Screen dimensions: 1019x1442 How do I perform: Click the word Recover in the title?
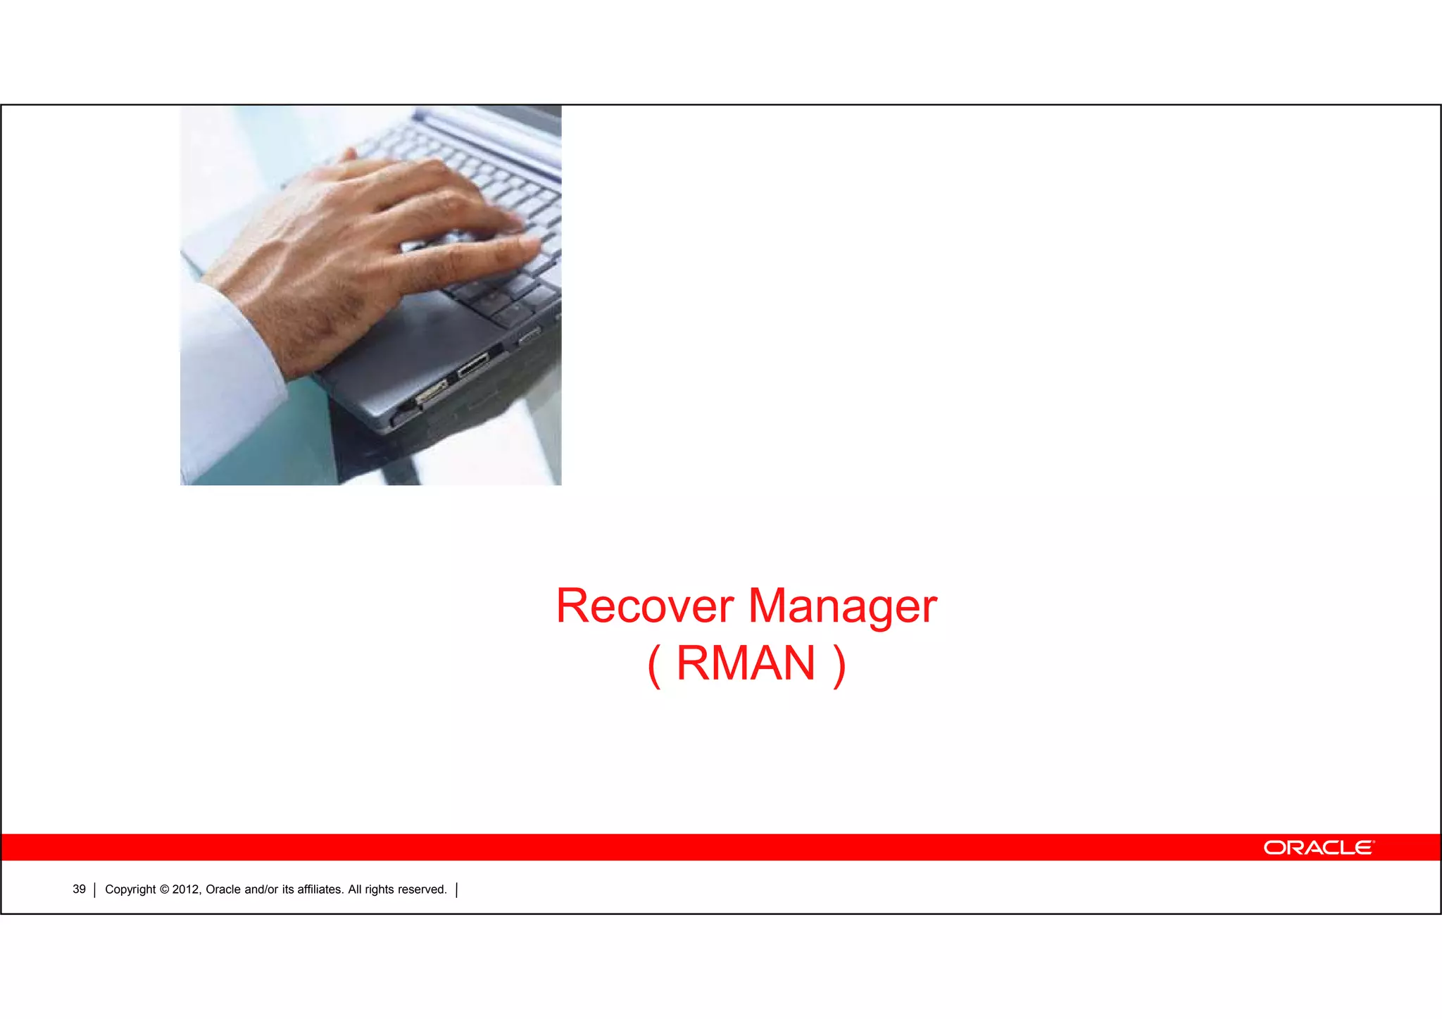click(644, 606)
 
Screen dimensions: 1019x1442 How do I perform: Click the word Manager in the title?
click(842, 607)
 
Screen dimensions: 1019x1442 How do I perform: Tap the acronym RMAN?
click(746, 663)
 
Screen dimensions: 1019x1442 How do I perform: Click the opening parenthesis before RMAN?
click(654, 665)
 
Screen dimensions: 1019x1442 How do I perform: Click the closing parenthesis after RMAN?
click(838, 665)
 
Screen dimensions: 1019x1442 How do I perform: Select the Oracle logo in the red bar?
click(1318, 847)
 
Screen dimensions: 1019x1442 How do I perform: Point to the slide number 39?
click(79, 889)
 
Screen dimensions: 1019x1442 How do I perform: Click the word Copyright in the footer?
click(130, 889)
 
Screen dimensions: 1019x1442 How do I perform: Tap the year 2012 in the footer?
click(187, 889)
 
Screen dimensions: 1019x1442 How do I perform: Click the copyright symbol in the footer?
click(164, 889)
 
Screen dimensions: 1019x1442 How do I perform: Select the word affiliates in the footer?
click(320, 889)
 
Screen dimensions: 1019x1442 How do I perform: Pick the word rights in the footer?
click(379, 889)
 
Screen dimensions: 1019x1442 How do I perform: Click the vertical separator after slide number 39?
click(94, 890)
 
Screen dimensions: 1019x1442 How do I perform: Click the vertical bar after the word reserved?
click(457, 890)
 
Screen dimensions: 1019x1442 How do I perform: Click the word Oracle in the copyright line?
click(222, 889)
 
